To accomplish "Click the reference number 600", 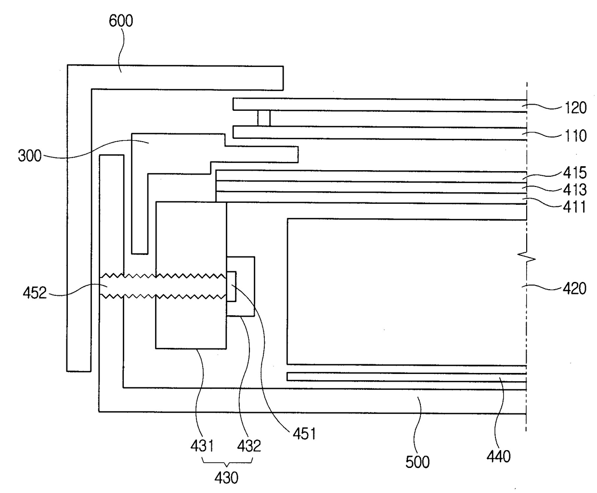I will (x=120, y=21).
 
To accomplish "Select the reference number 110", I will (x=575, y=135).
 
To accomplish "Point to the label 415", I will (x=575, y=173).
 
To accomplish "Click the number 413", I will (x=575, y=189).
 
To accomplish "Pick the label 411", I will (x=575, y=207).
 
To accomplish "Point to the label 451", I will (x=304, y=433).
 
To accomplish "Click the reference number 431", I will (x=202, y=446).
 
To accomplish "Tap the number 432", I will (x=249, y=446).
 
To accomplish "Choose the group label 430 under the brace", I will (x=226, y=478).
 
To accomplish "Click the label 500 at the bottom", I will (x=417, y=462).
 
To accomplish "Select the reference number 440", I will (x=499, y=455).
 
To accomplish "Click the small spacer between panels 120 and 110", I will (x=264, y=119).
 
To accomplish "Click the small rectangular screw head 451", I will (x=231, y=287).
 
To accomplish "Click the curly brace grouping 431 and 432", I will (x=226, y=463).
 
